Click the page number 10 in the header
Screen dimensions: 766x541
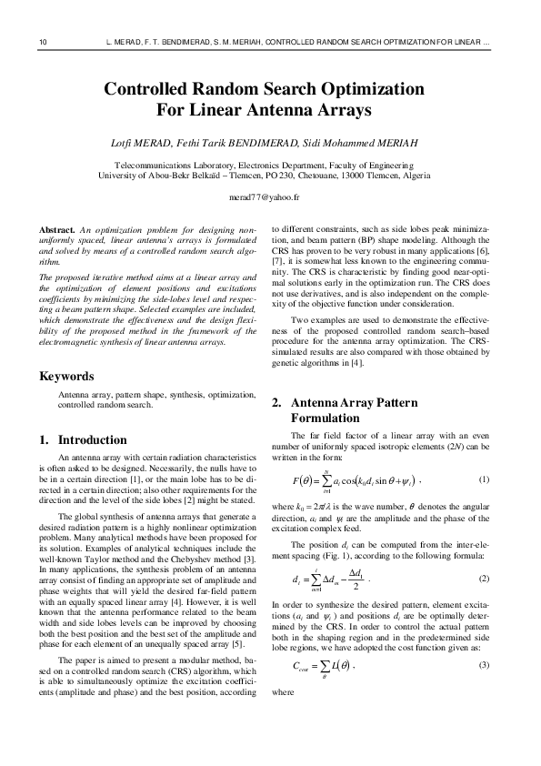[x=43, y=43]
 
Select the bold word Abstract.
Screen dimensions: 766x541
[x=57, y=229]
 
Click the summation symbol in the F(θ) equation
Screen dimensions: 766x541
[x=325, y=479]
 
